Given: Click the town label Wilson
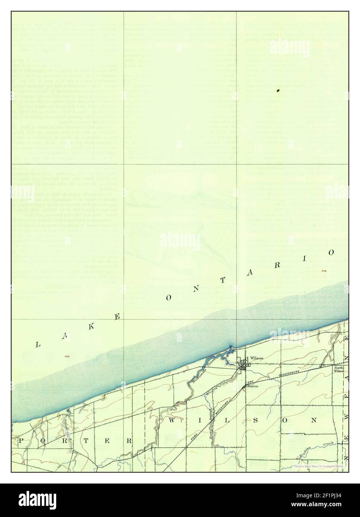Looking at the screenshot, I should (257, 358).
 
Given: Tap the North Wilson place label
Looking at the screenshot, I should (338, 369).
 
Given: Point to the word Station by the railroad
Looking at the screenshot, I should (253, 386).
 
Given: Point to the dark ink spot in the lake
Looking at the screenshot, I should (278, 90).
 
